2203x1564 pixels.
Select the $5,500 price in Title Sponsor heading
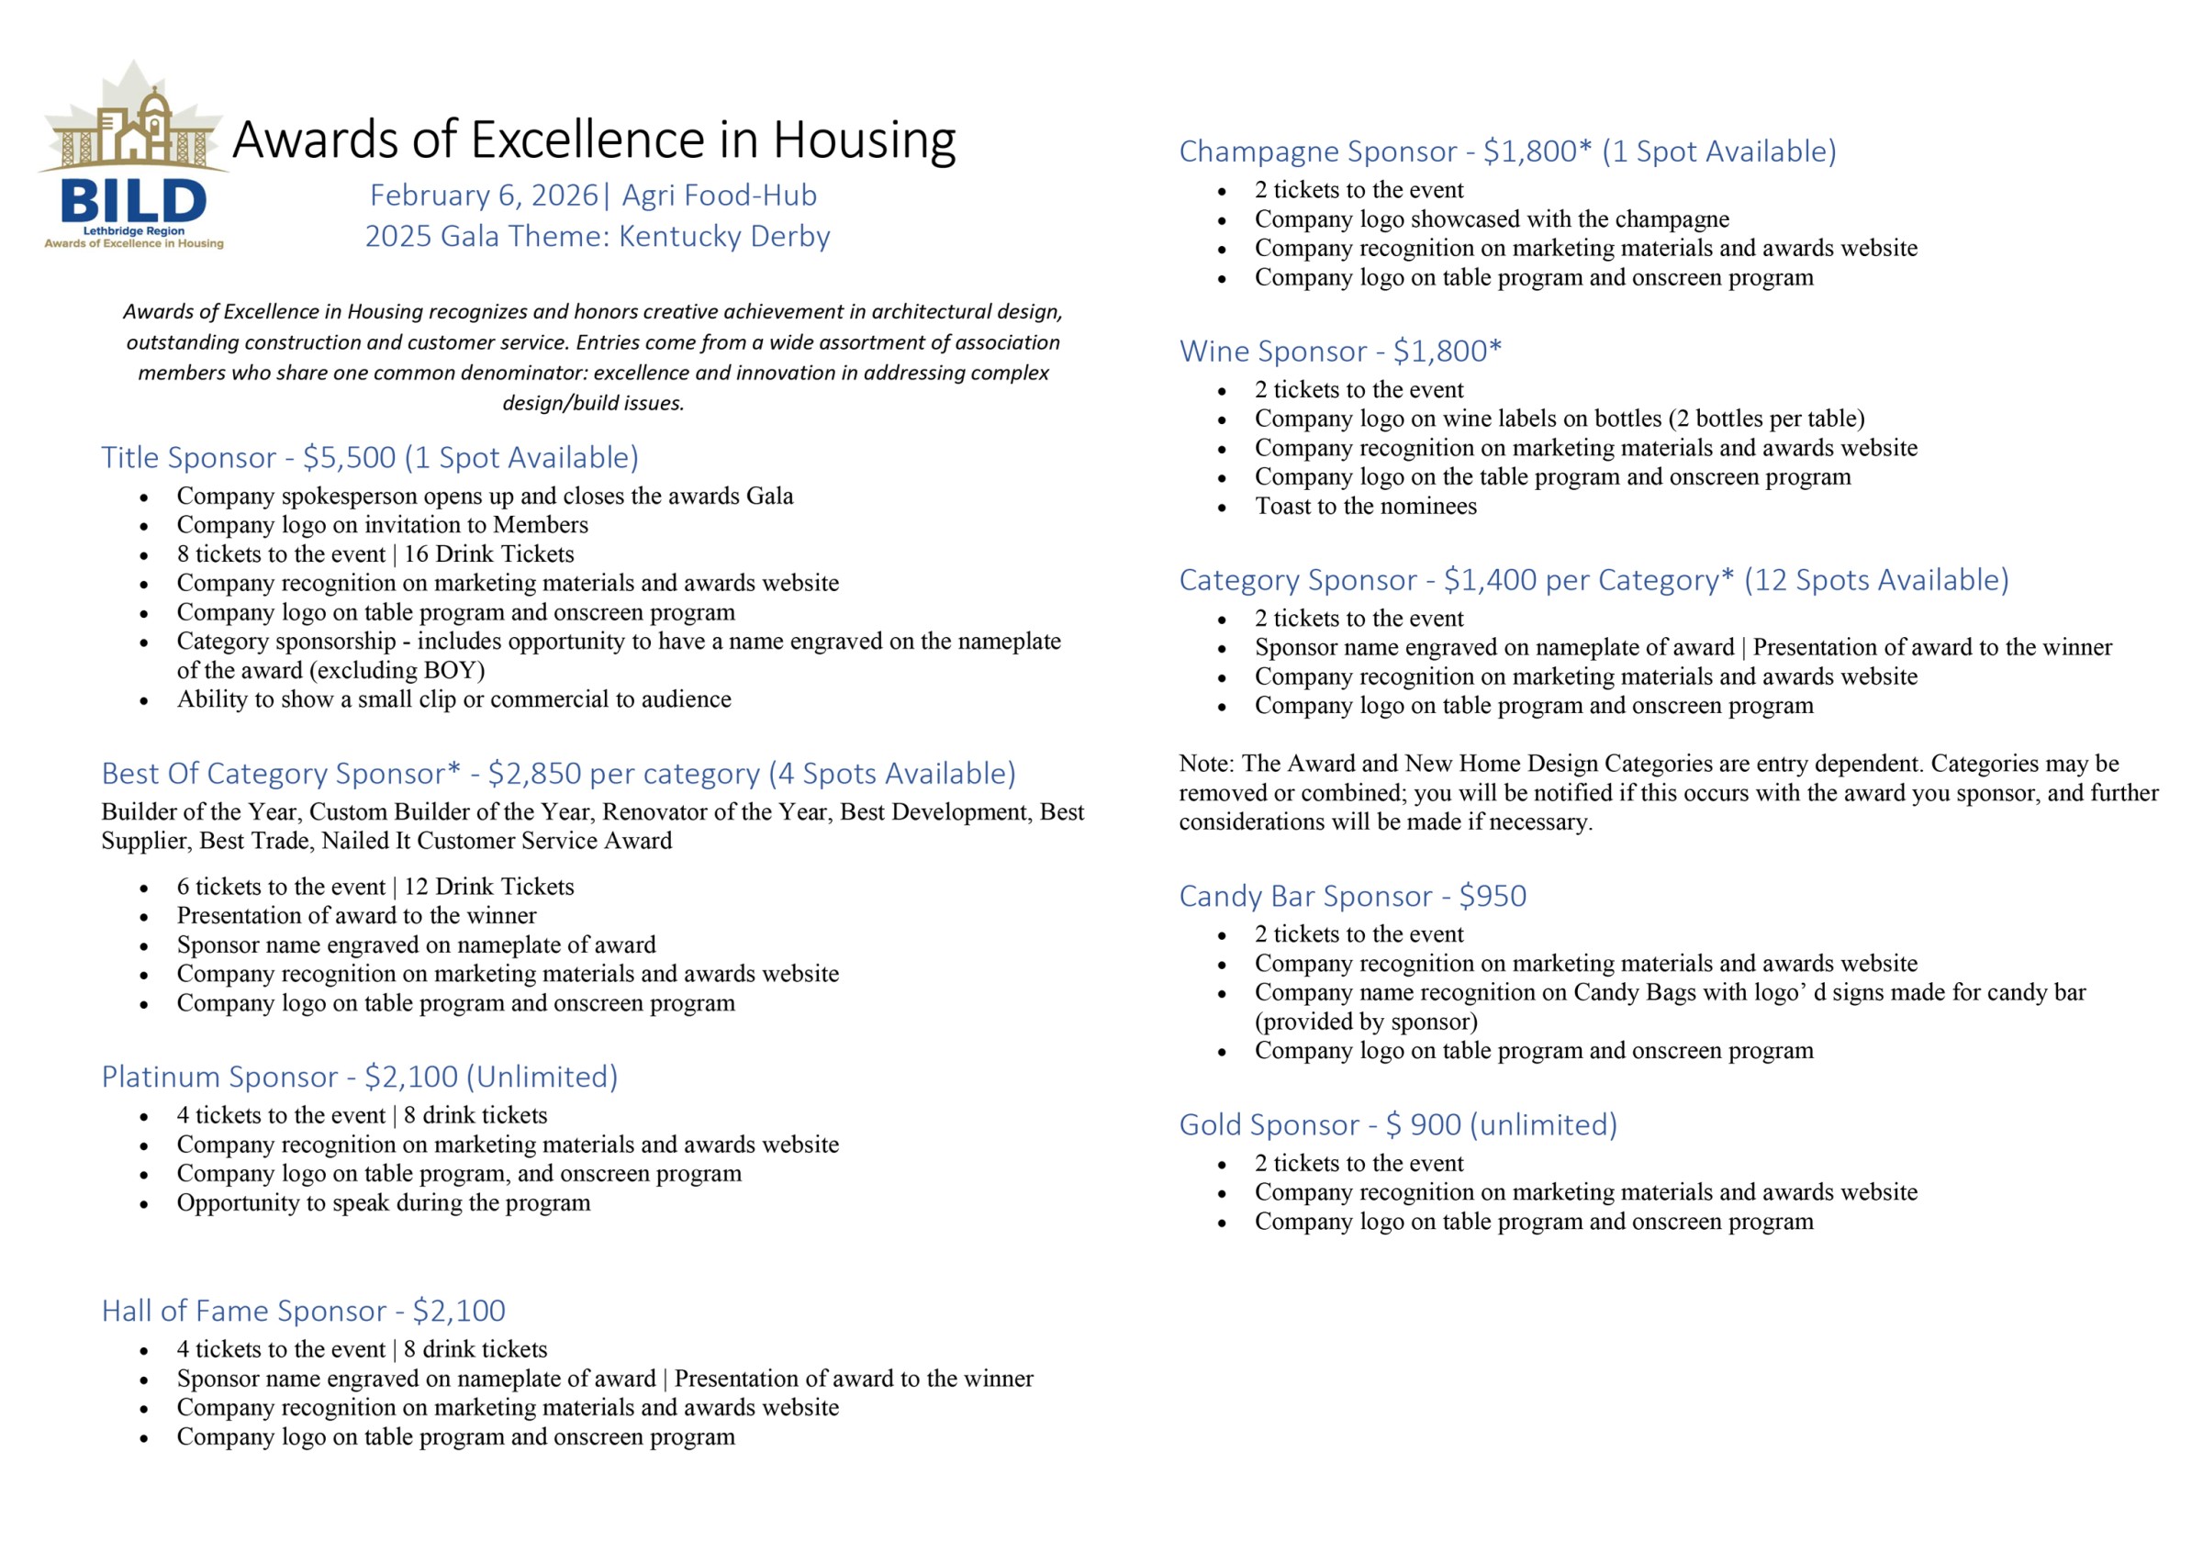click(349, 457)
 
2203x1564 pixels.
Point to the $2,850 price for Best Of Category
click(534, 774)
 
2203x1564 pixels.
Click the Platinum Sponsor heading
click(219, 1077)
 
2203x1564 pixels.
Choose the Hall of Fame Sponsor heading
click(244, 1311)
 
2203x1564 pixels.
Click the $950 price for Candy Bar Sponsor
click(1493, 897)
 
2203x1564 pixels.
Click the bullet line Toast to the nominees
click(1364, 507)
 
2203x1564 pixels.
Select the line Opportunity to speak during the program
click(383, 1203)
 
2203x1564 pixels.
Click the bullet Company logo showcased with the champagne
click(1492, 219)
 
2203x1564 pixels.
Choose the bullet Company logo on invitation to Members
click(382, 525)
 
